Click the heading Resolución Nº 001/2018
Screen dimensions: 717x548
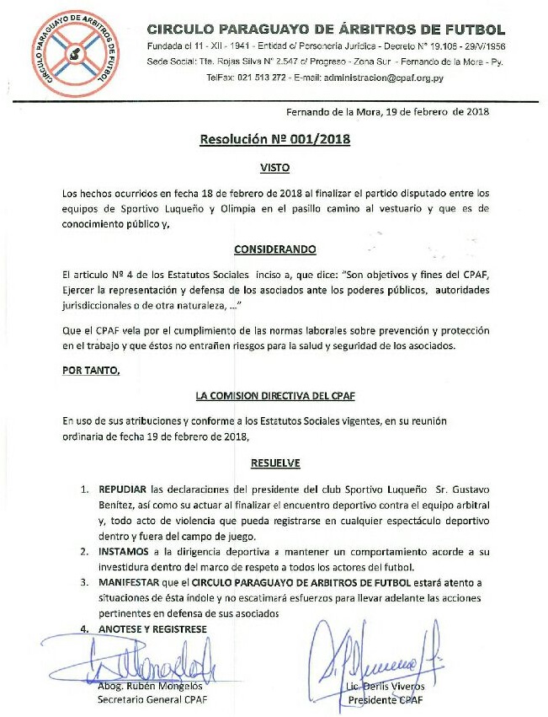(274, 140)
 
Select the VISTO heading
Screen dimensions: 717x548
(274, 169)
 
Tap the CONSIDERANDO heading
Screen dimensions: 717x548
(274, 249)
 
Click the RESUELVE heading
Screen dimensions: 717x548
(275, 463)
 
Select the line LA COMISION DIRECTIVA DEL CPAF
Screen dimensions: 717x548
(274, 394)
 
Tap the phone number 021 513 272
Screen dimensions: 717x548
(263, 78)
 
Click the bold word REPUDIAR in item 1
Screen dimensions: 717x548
(124, 489)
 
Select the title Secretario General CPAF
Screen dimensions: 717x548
(152, 699)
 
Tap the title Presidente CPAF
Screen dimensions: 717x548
(386, 699)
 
